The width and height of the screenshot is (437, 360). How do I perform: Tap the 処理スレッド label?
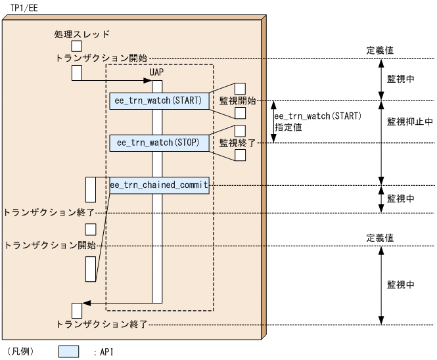coord(82,34)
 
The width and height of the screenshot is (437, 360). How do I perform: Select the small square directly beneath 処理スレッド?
coord(77,45)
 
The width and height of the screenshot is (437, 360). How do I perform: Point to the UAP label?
coord(156,71)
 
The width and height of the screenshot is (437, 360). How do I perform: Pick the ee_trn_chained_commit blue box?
coord(160,185)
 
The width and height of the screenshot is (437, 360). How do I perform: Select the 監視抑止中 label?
coord(409,122)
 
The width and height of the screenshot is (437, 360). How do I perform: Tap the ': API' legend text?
coord(102,352)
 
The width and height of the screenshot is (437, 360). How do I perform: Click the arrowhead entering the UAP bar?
coord(149,81)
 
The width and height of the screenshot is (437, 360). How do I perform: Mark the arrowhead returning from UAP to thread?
coord(87,303)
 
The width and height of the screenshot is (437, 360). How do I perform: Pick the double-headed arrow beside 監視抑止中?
coord(381,142)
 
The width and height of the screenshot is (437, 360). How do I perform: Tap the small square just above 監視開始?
coord(240,88)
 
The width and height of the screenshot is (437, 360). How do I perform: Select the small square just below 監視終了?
coord(240,155)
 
